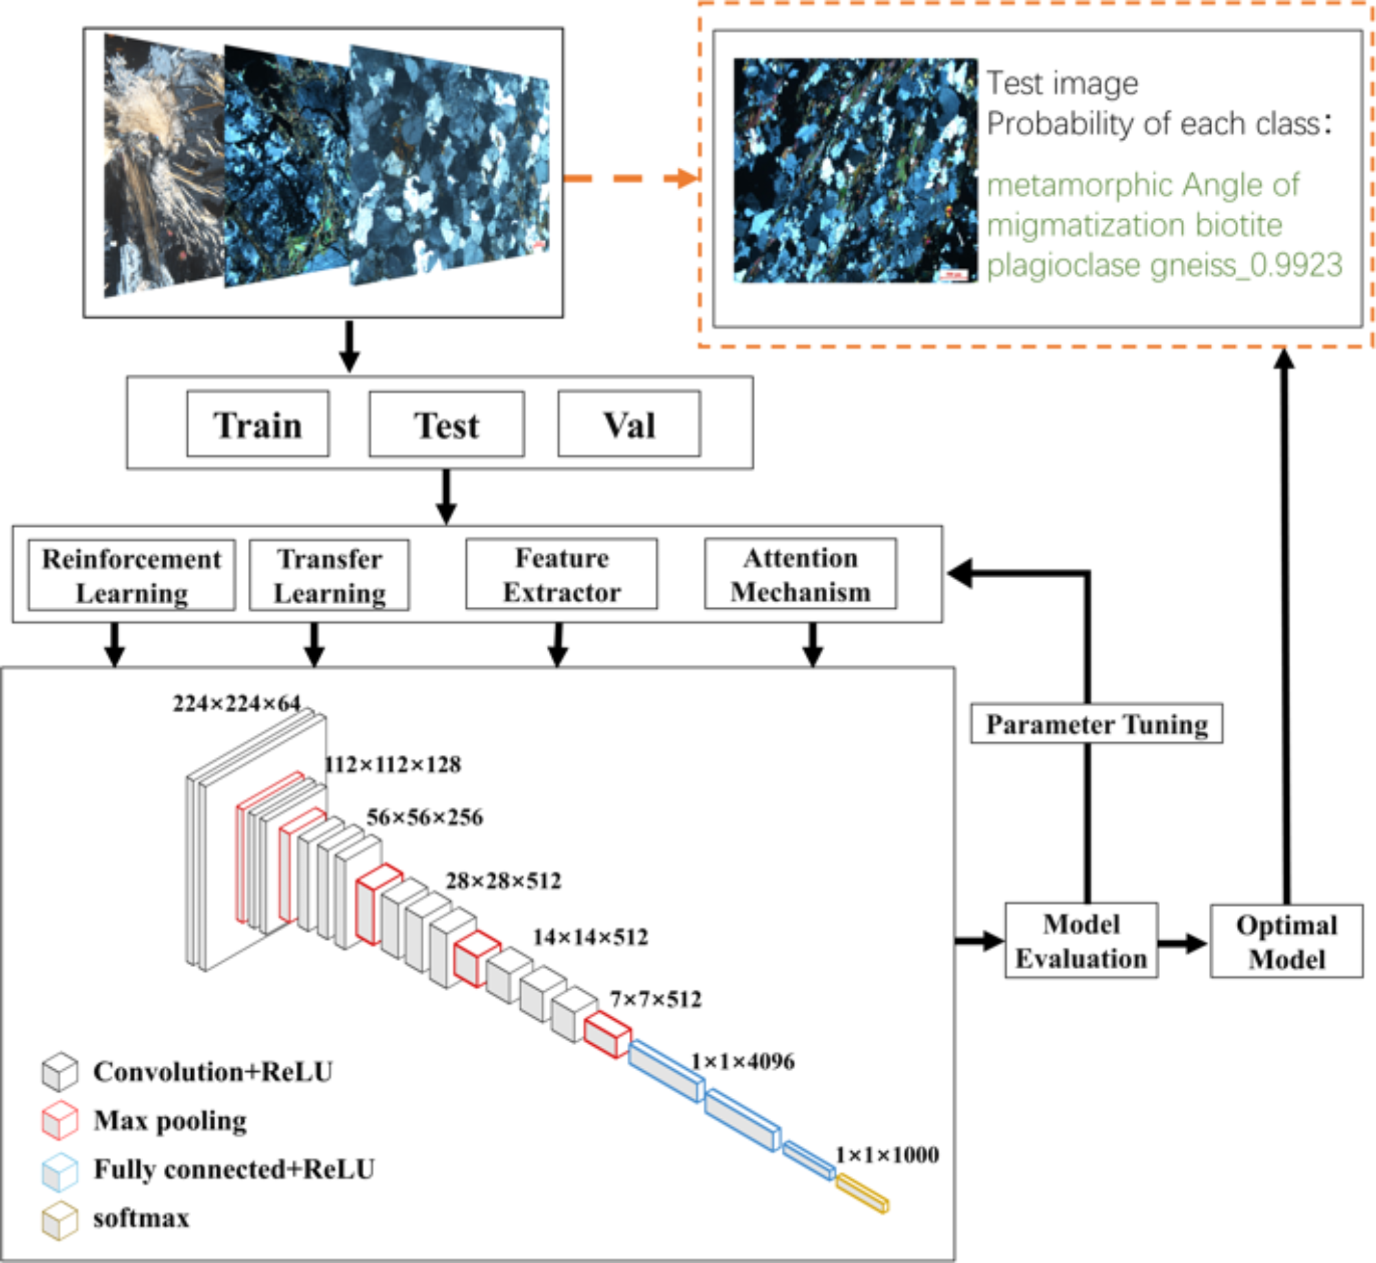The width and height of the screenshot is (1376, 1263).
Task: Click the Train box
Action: [x=258, y=424]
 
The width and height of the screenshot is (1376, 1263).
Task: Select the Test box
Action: [x=446, y=424]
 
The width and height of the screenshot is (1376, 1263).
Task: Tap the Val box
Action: [x=628, y=424]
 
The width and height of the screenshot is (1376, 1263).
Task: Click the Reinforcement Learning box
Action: [x=131, y=575]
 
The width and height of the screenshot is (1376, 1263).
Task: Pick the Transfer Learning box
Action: [x=329, y=575]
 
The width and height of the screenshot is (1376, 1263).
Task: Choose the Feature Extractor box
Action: [x=561, y=574]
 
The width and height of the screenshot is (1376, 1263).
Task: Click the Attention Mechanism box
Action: [x=800, y=574]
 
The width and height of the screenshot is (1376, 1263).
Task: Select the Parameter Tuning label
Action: [x=1096, y=724]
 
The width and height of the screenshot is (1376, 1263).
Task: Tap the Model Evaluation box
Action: [x=1081, y=940]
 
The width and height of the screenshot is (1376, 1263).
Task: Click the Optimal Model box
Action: [x=1286, y=941]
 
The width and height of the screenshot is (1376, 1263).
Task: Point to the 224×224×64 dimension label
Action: [x=236, y=703]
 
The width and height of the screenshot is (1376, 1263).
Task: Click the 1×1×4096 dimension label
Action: [x=742, y=1062]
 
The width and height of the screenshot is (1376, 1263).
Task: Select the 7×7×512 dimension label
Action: [x=655, y=999]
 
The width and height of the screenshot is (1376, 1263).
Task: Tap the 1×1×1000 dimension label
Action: [x=886, y=1155]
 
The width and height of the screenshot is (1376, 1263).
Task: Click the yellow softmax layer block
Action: [x=862, y=1192]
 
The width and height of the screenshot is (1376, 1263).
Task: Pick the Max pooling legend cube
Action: [x=60, y=1121]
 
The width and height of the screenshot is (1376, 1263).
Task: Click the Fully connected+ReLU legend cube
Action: [x=60, y=1172]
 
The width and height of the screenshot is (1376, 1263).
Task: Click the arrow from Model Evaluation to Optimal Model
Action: [x=1183, y=943]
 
